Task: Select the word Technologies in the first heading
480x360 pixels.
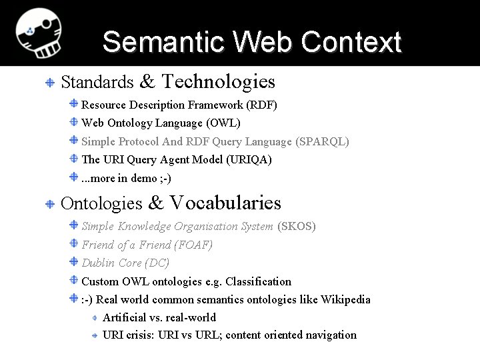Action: [x=219, y=82]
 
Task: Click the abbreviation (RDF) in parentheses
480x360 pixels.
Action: [x=261, y=105]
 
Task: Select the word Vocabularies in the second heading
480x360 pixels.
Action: [x=225, y=203]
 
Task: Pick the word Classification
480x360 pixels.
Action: [x=259, y=281]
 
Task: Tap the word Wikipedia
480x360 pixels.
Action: [x=345, y=299]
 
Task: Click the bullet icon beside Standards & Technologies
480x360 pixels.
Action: [x=50, y=83]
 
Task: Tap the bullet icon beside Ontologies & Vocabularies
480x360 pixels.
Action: [x=50, y=203]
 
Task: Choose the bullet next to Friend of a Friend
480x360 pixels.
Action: [x=74, y=245]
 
